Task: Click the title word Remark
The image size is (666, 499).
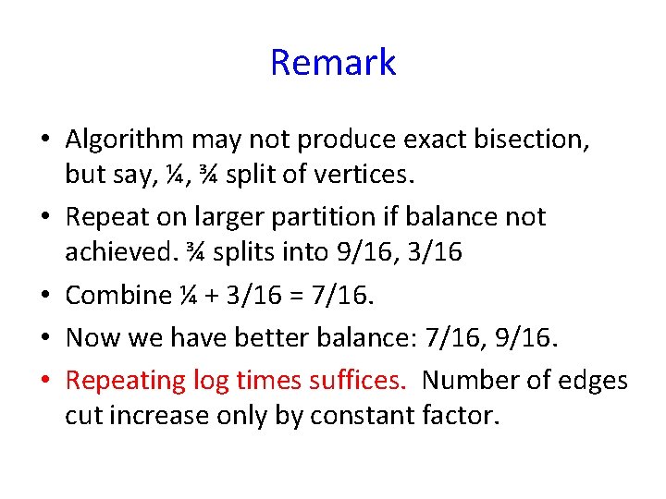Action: [333, 63]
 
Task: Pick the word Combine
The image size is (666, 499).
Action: [118, 295]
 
